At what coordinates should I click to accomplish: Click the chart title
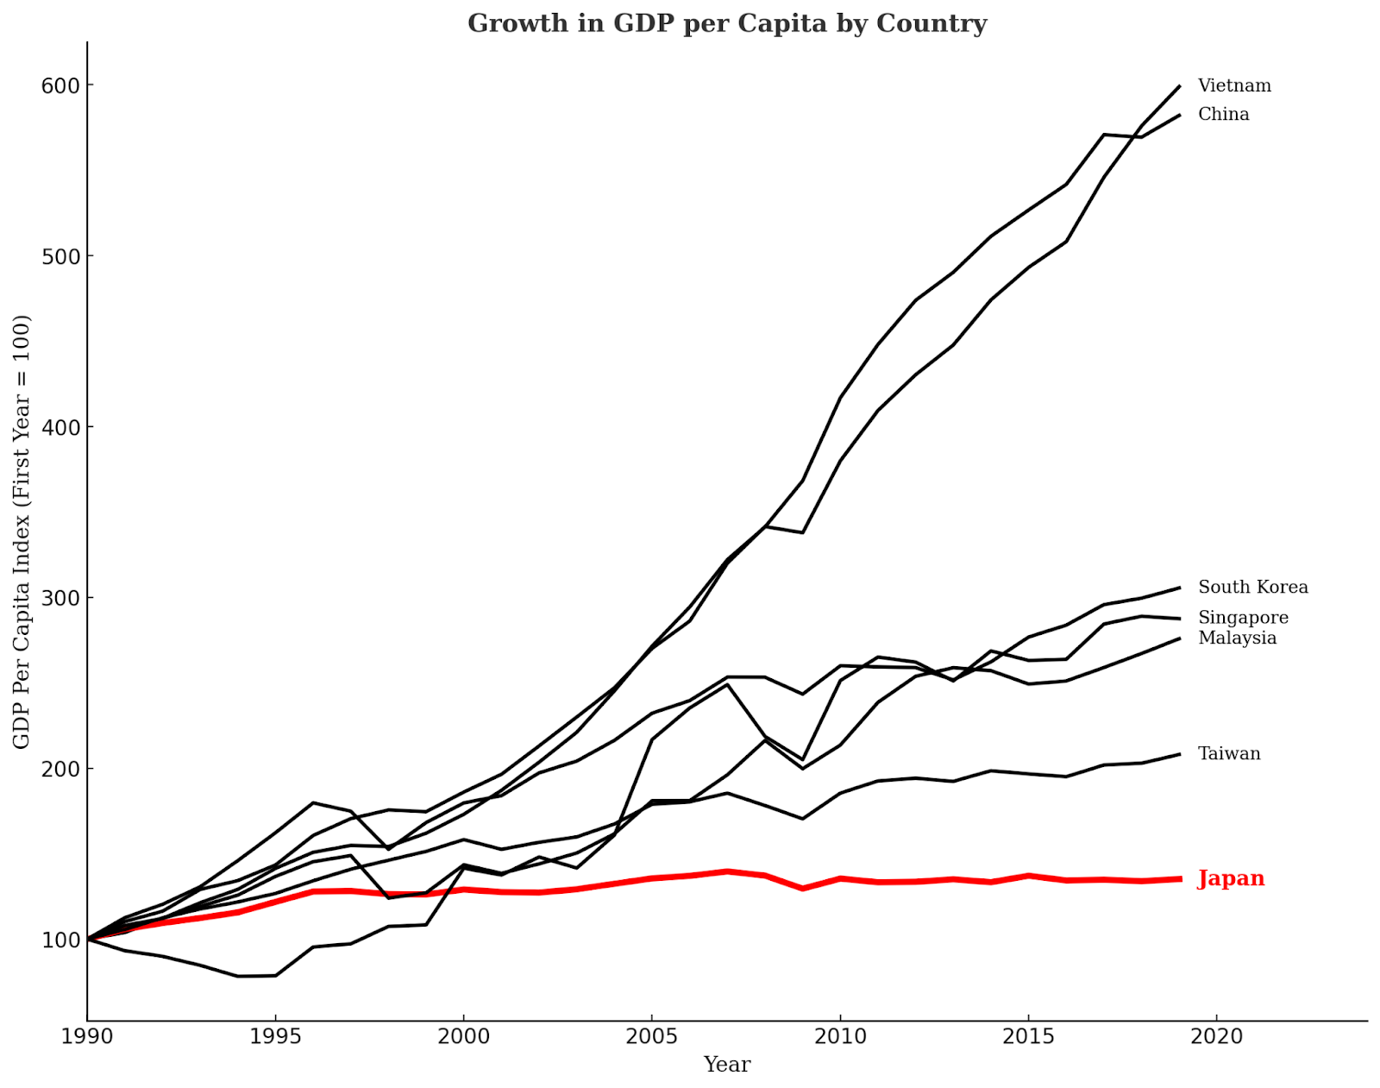726,23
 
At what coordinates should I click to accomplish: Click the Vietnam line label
1234,86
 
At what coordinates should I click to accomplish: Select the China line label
1223,115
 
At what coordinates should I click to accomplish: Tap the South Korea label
1252,588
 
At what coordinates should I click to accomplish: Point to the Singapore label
1243,618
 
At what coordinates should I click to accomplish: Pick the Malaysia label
1237,638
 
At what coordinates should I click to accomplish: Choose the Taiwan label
1229,754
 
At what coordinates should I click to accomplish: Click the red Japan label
1231,879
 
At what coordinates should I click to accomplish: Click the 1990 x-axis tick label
87,1036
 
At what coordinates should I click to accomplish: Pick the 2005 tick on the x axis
651,1036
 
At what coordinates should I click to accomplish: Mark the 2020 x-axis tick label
1216,1036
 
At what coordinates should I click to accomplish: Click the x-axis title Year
726,1065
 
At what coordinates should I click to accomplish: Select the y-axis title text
22,531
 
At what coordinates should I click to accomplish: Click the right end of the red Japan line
1179,879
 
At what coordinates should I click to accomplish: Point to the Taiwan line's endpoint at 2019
1179,754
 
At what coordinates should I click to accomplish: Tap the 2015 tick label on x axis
1028,1036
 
